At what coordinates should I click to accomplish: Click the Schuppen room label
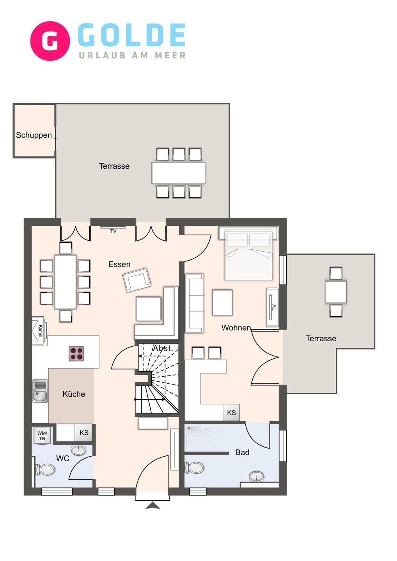click(x=34, y=135)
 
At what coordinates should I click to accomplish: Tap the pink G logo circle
click(x=50, y=41)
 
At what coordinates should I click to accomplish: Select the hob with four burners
click(x=76, y=354)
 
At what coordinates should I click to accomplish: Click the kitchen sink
click(x=40, y=391)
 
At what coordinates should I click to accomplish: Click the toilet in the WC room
click(x=46, y=469)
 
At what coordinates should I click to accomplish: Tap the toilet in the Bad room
click(x=195, y=467)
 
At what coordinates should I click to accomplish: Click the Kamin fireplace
click(x=39, y=331)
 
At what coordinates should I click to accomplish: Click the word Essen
click(x=119, y=265)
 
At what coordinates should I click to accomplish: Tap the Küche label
click(x=74, y=394)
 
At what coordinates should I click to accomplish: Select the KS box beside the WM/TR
click(x=84, y=432)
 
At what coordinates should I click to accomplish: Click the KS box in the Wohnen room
click(x=231, y=413)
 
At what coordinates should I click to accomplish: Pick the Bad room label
click(x=242, y=452)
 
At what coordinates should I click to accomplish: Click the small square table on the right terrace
click(x=336, y=292)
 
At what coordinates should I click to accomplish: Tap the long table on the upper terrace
click(x=179, y=173)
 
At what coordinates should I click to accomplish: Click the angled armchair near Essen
click(x=137, y=280)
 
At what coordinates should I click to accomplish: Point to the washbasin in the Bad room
click(x=256, y=476)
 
